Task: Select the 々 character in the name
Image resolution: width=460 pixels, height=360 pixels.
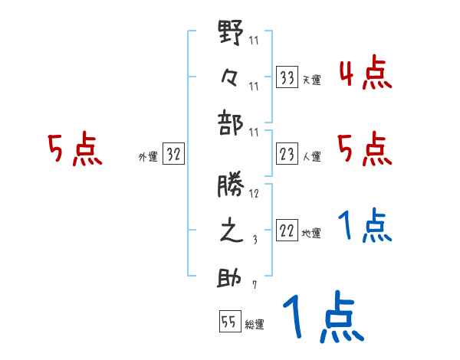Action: pos(232,77)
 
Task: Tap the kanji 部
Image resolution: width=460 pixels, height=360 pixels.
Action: pos(232,119)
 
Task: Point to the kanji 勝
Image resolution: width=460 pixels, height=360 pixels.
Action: pos(232,188)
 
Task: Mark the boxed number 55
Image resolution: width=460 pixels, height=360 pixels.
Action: pos(228,322)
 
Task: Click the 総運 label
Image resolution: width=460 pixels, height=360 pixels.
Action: pos(255,324)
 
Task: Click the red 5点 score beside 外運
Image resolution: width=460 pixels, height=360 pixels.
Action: pos(74,150)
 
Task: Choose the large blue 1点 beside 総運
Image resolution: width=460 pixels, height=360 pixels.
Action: pos(321,318)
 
